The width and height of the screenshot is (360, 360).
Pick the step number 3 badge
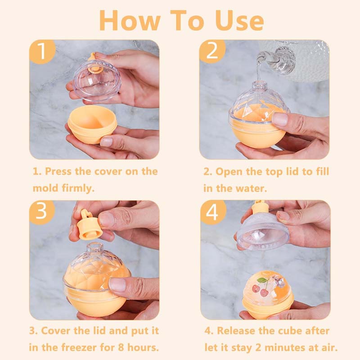[x=42, y=212]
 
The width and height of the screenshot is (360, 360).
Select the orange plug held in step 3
[x=88, y=227]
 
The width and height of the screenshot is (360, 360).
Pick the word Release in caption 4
[x=241, y=331]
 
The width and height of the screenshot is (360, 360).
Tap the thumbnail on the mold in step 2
[x=279, y=119]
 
